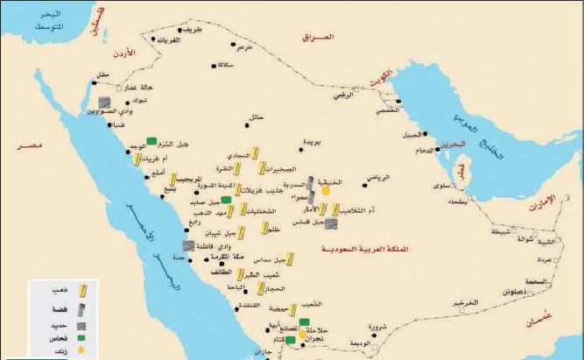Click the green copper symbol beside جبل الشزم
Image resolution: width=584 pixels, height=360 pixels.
(x=151, y=139)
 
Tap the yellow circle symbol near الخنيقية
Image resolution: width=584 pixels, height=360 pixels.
(x=326, y=189)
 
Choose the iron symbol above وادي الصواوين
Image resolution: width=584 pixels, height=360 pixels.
(x=104, y=102)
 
